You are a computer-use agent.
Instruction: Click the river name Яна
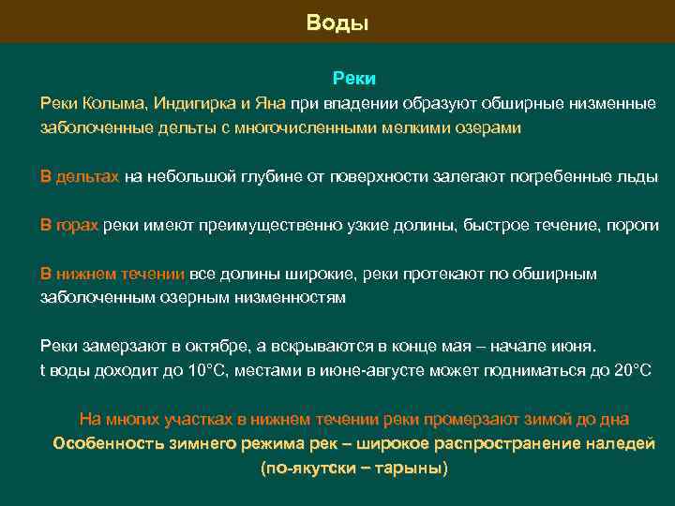(270, 102)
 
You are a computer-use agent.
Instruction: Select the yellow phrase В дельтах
(79, 176)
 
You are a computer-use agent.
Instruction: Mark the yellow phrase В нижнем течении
(112, 274)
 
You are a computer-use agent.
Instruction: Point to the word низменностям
(292, 298)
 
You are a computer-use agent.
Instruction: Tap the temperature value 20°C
(630, 370)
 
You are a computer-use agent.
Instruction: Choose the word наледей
(618, 443)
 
